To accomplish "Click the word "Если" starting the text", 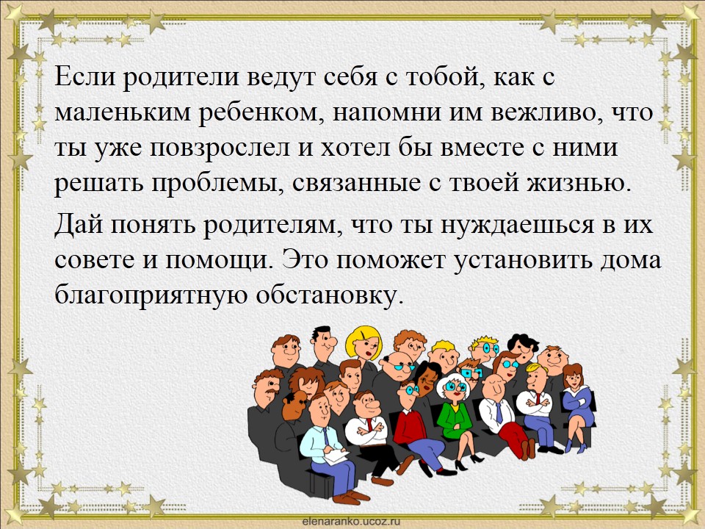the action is point(83,76).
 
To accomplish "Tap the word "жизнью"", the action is point(579,183).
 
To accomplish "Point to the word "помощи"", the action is point(219,261).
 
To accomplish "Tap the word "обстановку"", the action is point(328,295).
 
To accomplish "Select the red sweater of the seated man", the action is point(409,428).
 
